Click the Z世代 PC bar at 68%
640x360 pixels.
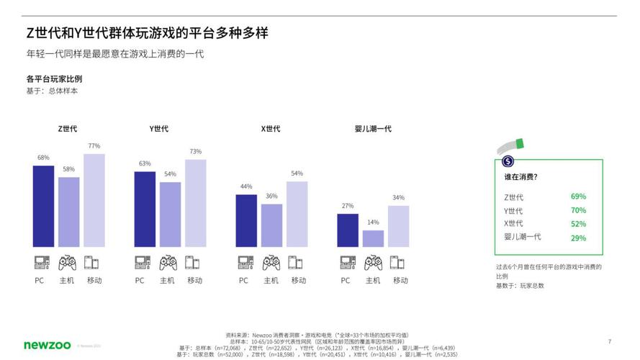click(x=43, y=207)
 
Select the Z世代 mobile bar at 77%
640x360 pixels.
click(x=94, y=201)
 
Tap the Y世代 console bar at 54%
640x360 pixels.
click(x=170, y=215)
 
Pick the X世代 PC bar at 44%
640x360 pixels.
click(x=246, y=221)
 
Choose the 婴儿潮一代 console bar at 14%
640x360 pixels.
click(x=373, y=239)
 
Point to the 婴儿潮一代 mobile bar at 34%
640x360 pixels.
click(x=398, y=227)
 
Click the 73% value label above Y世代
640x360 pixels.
click(x=195, y=152)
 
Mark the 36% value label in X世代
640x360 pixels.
click(x=271, y=197)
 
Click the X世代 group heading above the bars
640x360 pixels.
click(x=271, y=129)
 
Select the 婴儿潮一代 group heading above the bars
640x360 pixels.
click(x=373, y=129)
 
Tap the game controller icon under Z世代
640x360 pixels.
click(x=68, y=263)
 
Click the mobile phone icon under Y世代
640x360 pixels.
click(x=192, y=263)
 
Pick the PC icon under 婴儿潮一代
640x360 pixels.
click(x=347, y=263)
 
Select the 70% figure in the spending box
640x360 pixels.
click(x=577, y=210)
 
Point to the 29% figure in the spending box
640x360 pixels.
click(x=577, y=238)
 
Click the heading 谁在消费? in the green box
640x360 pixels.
click(x=520, y=177)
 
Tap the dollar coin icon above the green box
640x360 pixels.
click(x=508, y=162)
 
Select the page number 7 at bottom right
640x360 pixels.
click(x=609, y=341)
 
